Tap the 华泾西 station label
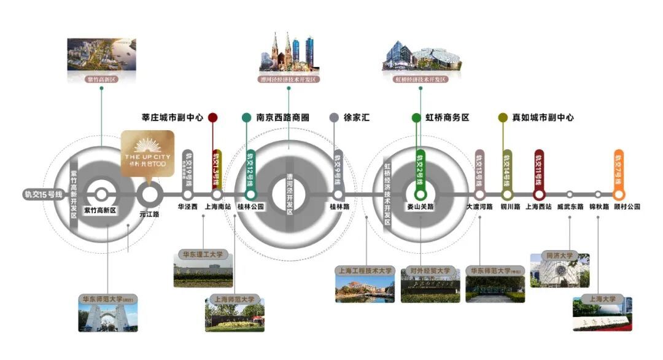click(x=188, y=207)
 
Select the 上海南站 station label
click(x=217, y=207)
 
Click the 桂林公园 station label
click(x=251, y=207)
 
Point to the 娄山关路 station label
click(x=421, y=207)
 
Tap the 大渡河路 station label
click(x=479, y=207)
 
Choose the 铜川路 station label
click(x=510, y=207)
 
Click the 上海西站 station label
click(x=539, y=207)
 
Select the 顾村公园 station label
click(x=627, y=207)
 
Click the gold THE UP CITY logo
click(x=145, y=154)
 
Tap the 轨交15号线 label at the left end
click(x=44, y=195)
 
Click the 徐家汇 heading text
click(x=357, y=117)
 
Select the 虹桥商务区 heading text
click(x=448, y=117)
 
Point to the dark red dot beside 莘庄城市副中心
click(x=212, y=117)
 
